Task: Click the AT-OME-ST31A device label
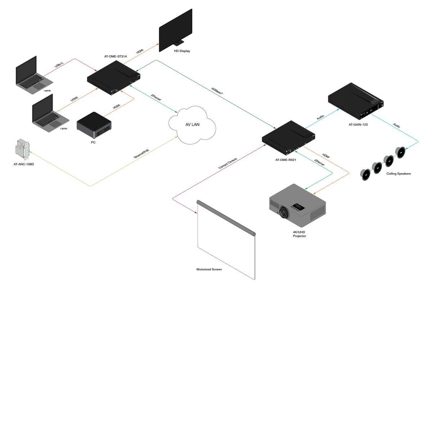116,57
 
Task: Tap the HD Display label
182,51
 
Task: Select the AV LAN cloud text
192,125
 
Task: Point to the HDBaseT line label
217,91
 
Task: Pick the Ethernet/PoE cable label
141,154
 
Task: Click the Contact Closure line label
228,163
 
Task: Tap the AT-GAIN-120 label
358,125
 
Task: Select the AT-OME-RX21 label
285,160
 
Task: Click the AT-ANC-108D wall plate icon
23,149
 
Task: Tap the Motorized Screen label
209,270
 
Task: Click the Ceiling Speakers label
399,174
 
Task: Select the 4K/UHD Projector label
299,234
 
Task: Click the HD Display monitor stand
179,42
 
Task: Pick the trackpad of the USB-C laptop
39,86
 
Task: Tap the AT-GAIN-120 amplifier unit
356,101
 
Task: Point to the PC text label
93,143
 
